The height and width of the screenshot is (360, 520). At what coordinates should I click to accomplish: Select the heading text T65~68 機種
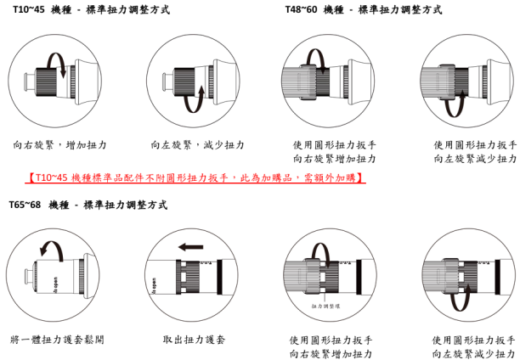click(x=38, y=205)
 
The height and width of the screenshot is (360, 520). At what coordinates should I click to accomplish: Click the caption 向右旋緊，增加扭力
click(x=59, y=145)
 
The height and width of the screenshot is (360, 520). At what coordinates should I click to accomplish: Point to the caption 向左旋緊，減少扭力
click(x=197, y=145)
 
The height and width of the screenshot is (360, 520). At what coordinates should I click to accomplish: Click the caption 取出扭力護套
click(x=194, y=340)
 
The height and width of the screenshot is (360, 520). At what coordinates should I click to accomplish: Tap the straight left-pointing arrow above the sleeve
click(x=191, y=247)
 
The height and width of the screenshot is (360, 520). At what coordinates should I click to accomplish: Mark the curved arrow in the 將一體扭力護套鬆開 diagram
click(x=52, y=248)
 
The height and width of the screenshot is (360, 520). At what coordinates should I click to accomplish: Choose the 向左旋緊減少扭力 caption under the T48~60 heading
click(x=475, y=159)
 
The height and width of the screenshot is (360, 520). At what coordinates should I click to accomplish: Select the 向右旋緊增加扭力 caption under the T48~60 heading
click(x=334, y=159)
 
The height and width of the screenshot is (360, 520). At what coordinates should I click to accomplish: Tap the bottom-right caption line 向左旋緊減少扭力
click(x=473, y=353)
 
